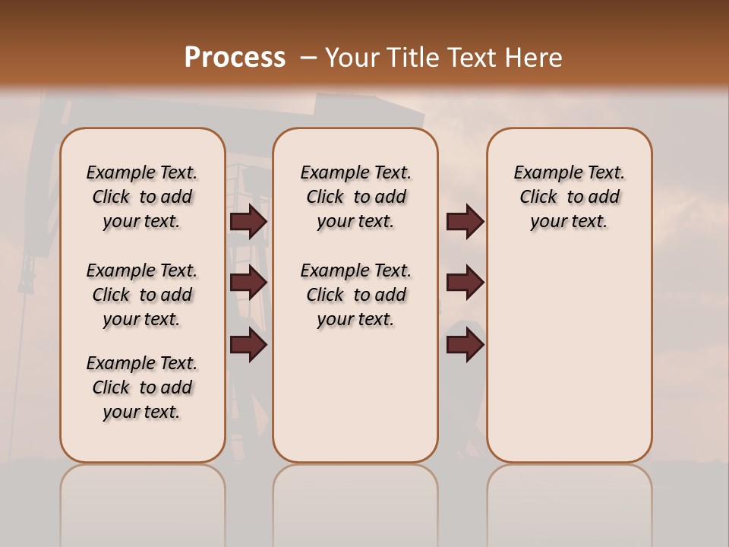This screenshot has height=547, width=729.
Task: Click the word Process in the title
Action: (x=235, y=58)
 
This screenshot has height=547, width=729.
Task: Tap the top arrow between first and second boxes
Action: (x=248, y=222)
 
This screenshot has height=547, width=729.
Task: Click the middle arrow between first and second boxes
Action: (x=248, y=283)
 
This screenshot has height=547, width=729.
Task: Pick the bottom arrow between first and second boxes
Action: (x=248, y=345)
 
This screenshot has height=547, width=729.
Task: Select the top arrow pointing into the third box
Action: (x=465, y=222)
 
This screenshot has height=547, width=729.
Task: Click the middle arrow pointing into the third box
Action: (x=465, y=283)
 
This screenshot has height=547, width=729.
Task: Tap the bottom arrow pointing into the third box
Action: (x=465, y=345)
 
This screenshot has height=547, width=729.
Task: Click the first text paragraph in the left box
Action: (x=142, y=197)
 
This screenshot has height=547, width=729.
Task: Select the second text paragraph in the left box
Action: (x=142, y=295)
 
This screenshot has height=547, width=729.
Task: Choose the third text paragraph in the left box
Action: (x=142, y=387)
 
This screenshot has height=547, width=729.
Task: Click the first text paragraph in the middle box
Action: (x=355, y=197)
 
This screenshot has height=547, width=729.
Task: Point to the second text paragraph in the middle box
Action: (x=355, y=295)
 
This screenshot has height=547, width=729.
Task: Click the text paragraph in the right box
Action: (x=569, y=197)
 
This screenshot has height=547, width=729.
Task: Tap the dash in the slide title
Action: (x=308, y=58)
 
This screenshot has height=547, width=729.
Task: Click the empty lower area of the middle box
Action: (x=355, y=395)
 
